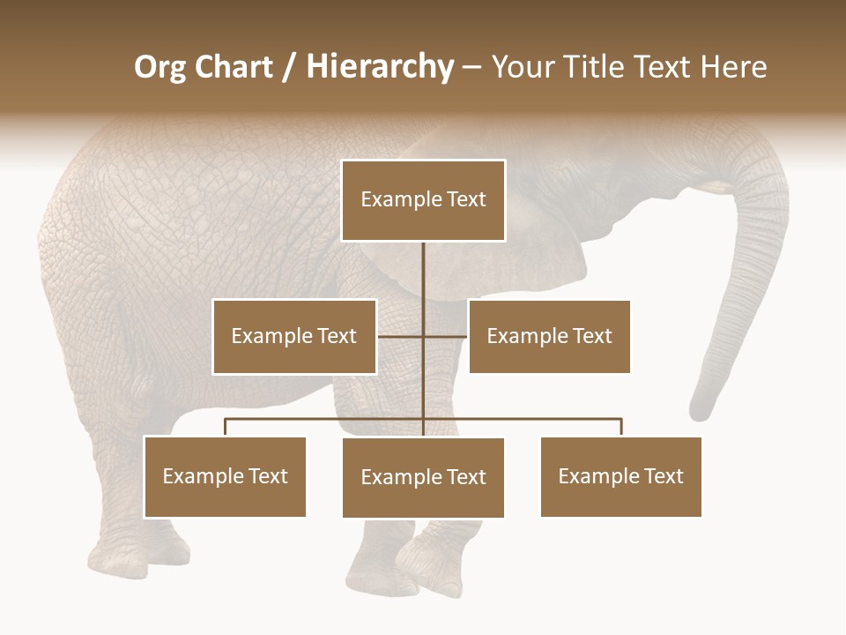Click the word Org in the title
pos(161,68)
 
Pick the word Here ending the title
pos(732,68)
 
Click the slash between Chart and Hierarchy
pos(289,68)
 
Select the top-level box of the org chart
pos(423,200)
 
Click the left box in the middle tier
pos(294,336)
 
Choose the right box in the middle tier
pos(549,336)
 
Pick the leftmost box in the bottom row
pos(225,476)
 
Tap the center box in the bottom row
pos(423,477)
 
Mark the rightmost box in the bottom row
pos(620,476)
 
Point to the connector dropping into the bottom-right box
pos(621,427)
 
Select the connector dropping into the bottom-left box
pos(226,427)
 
